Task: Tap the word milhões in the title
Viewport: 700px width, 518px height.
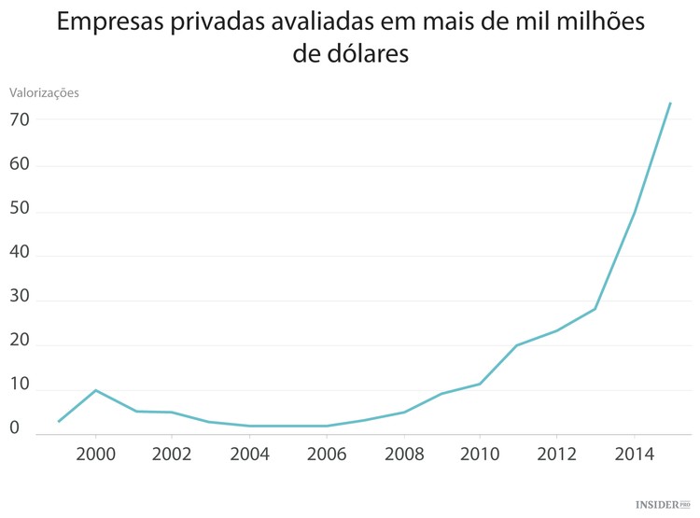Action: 597,23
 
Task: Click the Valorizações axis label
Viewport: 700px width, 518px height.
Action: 44,92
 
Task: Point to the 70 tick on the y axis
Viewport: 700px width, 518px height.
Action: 21,120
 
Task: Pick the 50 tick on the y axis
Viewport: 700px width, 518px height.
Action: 21,211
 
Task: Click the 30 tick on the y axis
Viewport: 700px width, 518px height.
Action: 21,301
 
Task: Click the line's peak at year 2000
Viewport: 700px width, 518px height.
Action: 95,390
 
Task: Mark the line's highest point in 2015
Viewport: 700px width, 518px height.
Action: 670,103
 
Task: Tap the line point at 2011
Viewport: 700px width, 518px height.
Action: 517,345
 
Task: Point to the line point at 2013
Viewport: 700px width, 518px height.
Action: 595,309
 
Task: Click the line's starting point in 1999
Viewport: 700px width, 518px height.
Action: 58,422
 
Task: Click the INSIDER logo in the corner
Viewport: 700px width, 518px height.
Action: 661,504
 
